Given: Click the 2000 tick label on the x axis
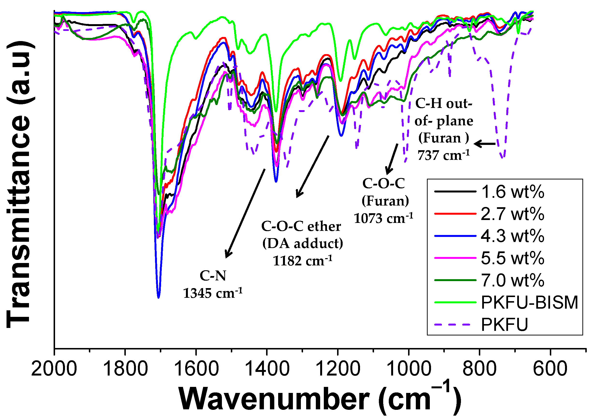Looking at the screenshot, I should (54, 369).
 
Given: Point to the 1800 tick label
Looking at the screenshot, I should (125, 369).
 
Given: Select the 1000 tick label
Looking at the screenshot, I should (409, 369).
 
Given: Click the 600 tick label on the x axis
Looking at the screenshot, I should (550, 369).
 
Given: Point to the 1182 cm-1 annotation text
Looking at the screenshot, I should (302, 261).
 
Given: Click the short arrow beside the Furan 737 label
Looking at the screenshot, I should (484, 144).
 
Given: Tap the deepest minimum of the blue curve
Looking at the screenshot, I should (159, 298).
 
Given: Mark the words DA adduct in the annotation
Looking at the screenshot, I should (302, 243).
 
